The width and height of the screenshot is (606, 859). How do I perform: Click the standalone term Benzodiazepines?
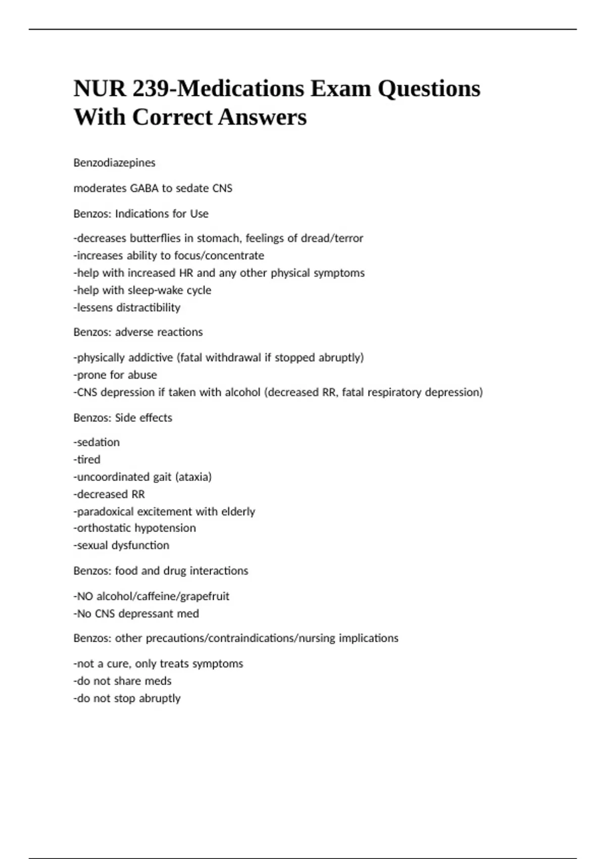click(x=114, y=163)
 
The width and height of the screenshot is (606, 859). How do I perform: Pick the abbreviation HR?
click(x=186, y=273)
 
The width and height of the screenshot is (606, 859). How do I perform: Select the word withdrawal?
click(x=233, y=357)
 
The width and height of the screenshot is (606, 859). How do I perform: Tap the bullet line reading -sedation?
click(x=96, y=442)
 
